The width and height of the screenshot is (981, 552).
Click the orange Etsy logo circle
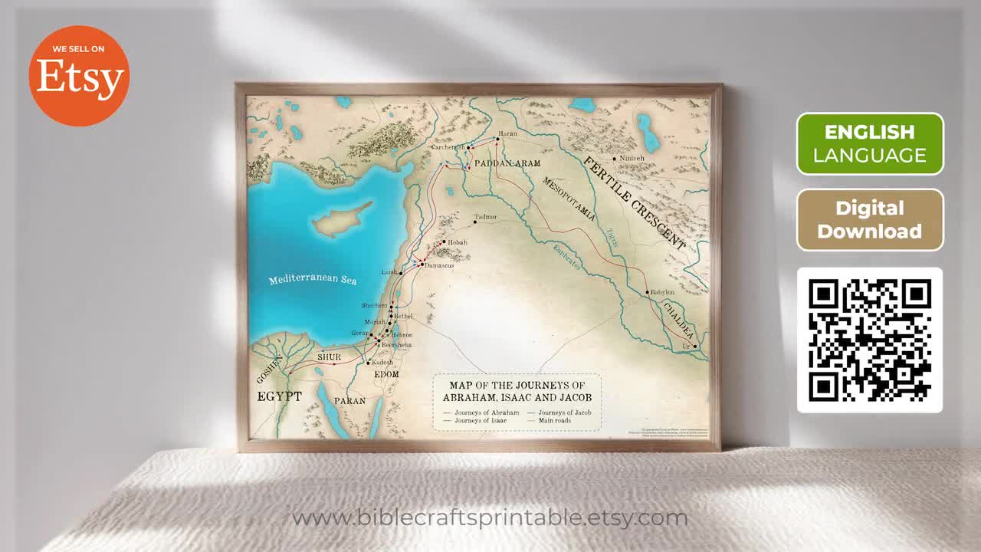point(79,75)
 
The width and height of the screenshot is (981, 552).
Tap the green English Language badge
point(870,143)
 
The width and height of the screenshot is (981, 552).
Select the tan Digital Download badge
point(870,220)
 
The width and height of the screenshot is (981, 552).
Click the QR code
point(870,340)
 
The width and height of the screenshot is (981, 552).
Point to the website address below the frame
point(490,518)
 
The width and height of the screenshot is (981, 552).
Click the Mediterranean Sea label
point(313,279)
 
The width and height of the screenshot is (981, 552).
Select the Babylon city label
point(662,293)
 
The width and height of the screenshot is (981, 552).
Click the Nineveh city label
point(632,159)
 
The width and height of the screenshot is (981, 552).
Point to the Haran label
point(508,134)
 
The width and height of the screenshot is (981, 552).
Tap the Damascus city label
point(439,265)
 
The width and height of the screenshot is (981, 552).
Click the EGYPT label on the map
point(279,396)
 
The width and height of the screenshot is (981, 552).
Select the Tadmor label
point(486,217)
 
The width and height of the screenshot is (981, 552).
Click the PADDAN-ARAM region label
point(507,163)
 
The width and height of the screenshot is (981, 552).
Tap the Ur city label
point(687,347)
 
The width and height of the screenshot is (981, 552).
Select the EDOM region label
point(386,374)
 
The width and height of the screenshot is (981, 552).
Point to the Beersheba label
point(396,346)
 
